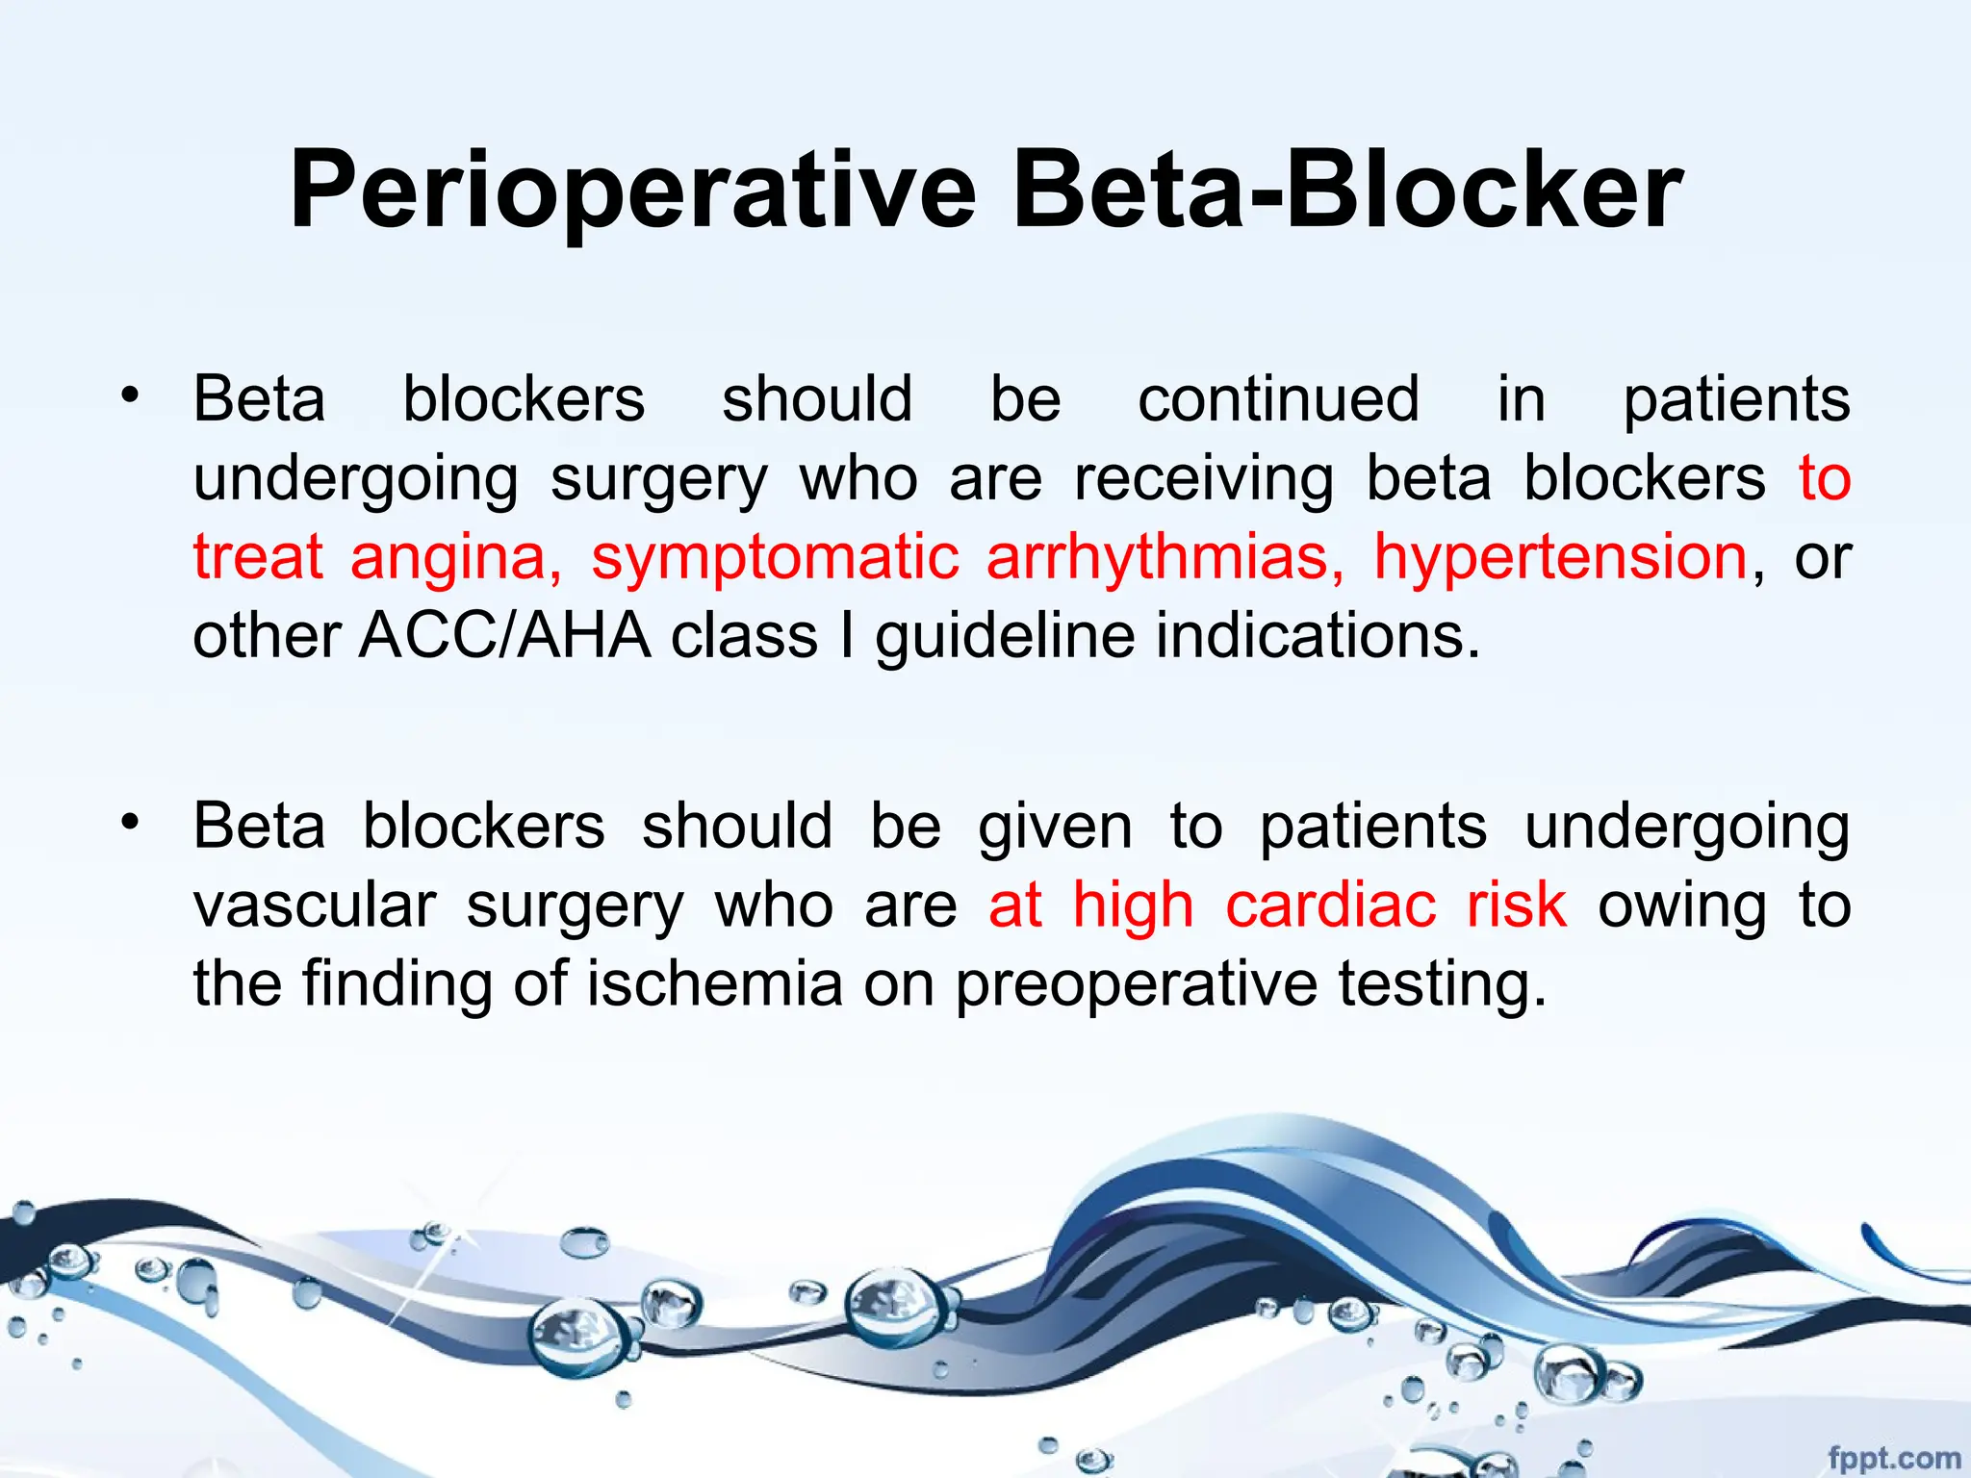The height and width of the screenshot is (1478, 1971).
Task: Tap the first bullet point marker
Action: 130,395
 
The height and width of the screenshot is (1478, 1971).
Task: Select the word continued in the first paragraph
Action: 1278,399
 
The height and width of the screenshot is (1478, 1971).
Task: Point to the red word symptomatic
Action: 775,558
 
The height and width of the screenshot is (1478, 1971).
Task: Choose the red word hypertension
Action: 1560,558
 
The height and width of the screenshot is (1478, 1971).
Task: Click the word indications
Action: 1318,636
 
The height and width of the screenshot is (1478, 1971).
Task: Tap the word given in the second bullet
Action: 1055,828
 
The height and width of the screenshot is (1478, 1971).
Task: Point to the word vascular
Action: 315,906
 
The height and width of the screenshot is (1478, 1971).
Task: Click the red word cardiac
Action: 1330,905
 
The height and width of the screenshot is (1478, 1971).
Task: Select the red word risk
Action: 1517,905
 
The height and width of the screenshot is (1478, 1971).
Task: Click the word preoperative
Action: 1136,986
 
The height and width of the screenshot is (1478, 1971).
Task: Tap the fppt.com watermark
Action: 1893,1458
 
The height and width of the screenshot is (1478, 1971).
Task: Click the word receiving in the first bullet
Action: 1204,479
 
